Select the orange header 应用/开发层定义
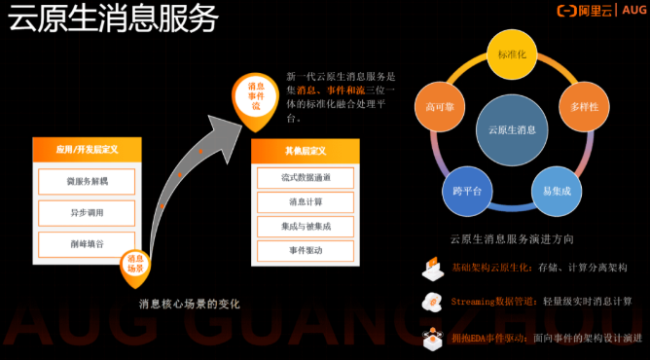point(87,150)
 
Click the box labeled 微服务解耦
point(87,182)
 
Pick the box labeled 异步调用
point(87,212)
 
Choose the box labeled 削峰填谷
point(87,243)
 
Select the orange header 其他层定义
point(306,152)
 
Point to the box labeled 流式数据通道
point(306,177)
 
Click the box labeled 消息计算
point(306,201)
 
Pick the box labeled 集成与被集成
point(306,226)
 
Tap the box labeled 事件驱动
point(306,250)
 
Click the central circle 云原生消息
point(511,129)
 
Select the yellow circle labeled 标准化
point(511,56)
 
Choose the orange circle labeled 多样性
point(584,104)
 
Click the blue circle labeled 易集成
point(556,191)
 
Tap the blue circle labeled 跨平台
point(466,191)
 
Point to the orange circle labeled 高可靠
point(439,104)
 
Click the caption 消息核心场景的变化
point(189,304)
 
